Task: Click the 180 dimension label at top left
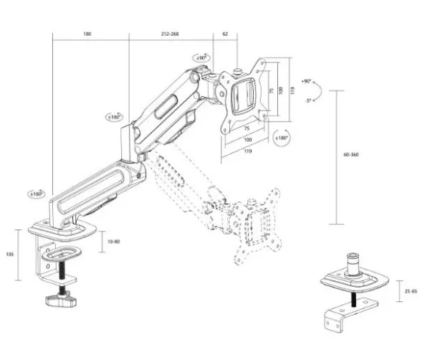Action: (87, 34)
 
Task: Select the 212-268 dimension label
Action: (169, 34)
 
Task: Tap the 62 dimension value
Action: (226, 34)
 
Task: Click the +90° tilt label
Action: (307, 82)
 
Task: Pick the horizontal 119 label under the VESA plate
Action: (247, 152)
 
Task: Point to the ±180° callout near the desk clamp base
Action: (34, 194)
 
